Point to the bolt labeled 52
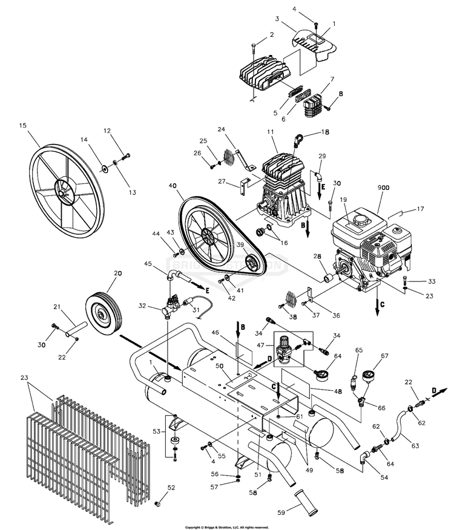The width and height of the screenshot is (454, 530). (159, 503)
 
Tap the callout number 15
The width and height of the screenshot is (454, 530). (24, 126)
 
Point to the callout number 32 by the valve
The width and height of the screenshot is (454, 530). (142, 306)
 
